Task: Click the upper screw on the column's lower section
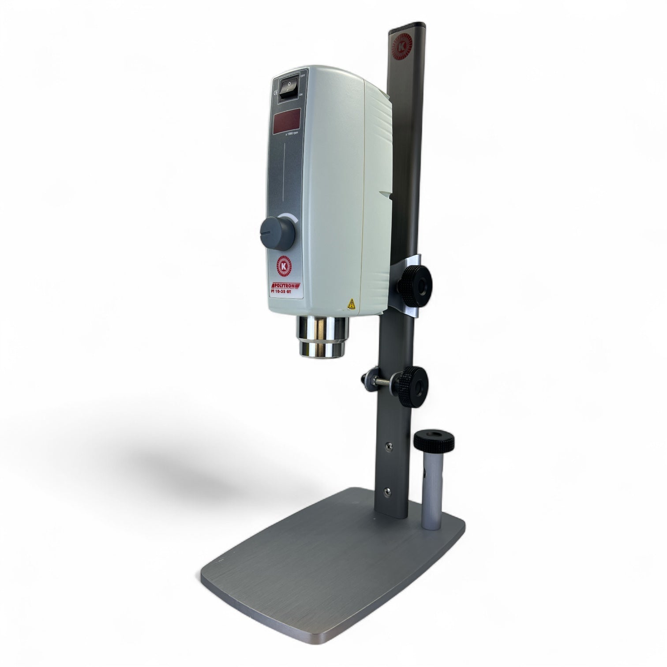click(389, 446)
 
